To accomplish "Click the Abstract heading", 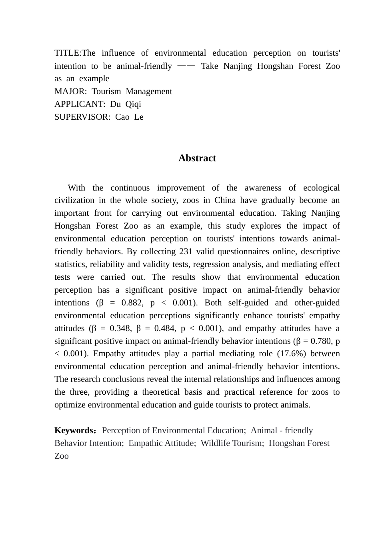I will click(197, 158).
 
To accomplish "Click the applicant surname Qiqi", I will click(133, 104).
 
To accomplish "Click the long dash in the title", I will click(186, 66).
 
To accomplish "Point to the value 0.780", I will click(318, 341).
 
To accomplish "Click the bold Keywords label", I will click(74, 430).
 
